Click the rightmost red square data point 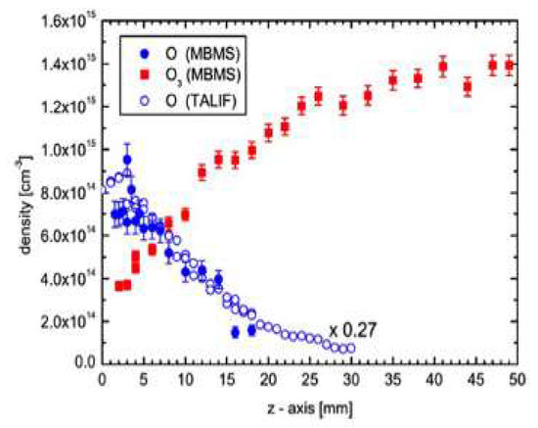click(509, 65)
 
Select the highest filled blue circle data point click(126, 159)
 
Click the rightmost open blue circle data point click(351, 348)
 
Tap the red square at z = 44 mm click(468, 86)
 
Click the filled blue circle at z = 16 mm click(235, 332)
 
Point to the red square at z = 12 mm click(202, 172)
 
